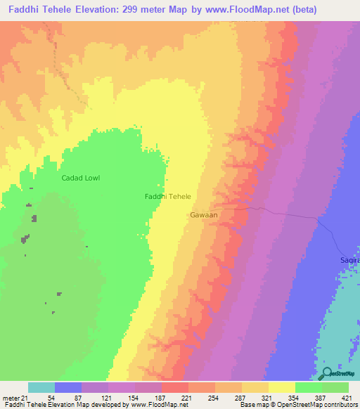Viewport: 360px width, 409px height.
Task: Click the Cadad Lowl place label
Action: click(x=81, y=178)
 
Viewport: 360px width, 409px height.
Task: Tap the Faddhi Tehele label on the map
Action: click(x=168, y=197)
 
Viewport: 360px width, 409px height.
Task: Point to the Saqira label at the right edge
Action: click(x=350, y=259)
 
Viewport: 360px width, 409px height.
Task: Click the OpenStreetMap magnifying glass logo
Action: click(x=327, y=374)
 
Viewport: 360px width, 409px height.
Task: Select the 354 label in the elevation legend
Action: click(x=294, y=398)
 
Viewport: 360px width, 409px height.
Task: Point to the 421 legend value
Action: click(x=347, y=398)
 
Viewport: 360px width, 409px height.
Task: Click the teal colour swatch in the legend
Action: click(x=41, y=387)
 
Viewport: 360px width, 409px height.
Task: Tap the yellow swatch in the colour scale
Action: click(x=281, y=387)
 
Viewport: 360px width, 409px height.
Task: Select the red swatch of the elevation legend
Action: click(x=174, y=387)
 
